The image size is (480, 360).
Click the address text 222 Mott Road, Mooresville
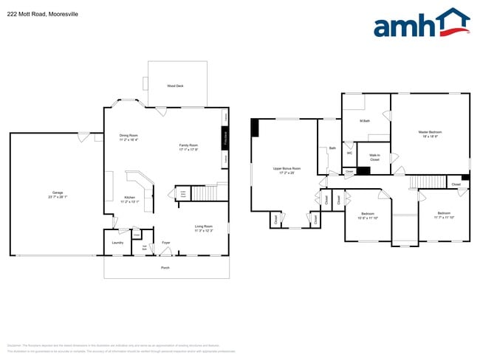click(x=44, y=14)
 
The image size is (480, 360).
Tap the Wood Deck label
click(x=175, y=86)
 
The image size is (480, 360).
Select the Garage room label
click(x=57, y=193)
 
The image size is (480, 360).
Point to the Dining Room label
click(x=128, y=135)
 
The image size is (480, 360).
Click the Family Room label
click(x=188, y=145)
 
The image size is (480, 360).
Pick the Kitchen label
click(x=129, y=198)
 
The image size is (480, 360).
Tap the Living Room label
click(x=204, y=226)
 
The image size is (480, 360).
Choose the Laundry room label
click(x=117, y=242)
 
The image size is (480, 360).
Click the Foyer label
click(x=166, y=242)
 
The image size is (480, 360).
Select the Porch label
click(x=165, y=268)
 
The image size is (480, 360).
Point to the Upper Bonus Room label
click(x=287, y=168)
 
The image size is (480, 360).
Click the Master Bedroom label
click(x=429, y=133)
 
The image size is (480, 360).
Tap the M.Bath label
click(x=364, y=121)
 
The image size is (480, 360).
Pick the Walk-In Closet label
click(x=374, y=157)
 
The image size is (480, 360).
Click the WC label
click(x=349, y=153)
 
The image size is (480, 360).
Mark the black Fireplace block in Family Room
click(x=226, y=139)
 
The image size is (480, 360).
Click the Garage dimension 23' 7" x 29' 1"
click(x=57, y=197)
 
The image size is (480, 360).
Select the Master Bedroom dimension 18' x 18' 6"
click(x=430, y=136)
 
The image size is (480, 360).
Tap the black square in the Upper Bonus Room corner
click(x=255, y=128)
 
